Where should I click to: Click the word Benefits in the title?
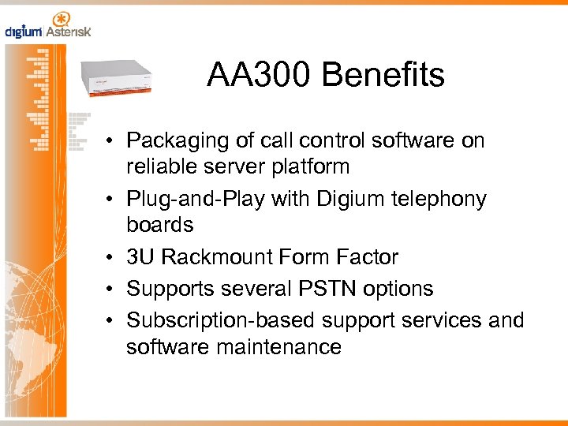[383, 76]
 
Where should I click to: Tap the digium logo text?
[24, 32]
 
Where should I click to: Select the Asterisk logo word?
[69, 32]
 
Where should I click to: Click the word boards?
[159, 225]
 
